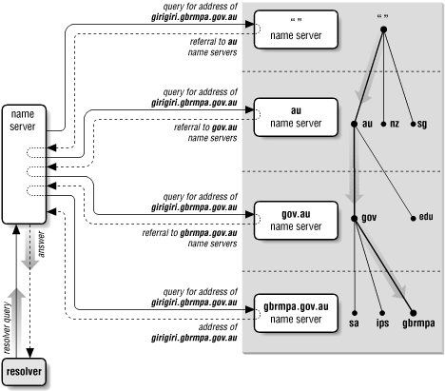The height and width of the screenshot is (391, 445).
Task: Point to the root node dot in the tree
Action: point(383,29)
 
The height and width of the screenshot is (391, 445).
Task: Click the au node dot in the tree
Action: point(353,124)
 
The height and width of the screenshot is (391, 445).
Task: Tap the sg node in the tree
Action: point(414,124)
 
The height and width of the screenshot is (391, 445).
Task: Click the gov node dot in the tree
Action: point(353,218)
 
